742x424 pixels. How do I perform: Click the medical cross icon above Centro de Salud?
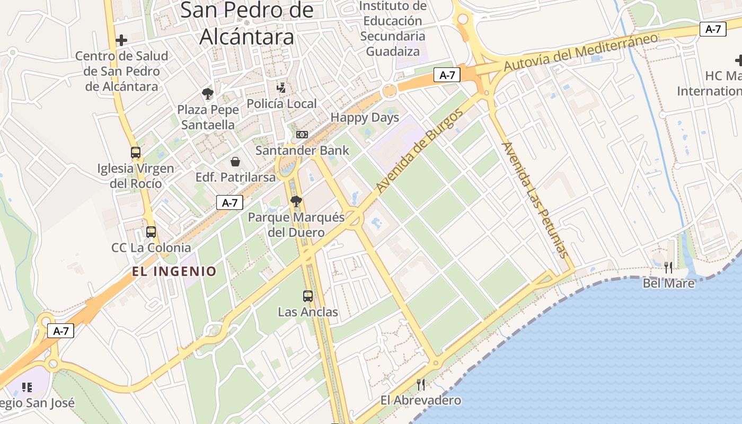pos(121,40)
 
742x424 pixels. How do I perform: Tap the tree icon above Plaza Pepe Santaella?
pos(208,94)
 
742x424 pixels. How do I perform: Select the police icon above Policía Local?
pos(281,87)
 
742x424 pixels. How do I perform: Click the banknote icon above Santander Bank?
pos(302,135)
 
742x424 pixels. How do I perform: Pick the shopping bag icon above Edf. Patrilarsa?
pos(235,161)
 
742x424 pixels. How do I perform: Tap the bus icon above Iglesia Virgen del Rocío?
pos(136,153)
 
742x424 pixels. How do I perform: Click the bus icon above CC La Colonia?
pos(151,232)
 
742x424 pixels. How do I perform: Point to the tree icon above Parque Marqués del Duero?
pos(296,201)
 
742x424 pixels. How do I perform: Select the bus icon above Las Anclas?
pos(308,296)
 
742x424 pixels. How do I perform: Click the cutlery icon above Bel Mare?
pos(668,267)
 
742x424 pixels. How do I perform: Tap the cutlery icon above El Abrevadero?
pos(421,384)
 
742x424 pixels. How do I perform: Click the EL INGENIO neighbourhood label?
pos(174,272)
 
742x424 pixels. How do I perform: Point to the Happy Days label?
pos(365,117)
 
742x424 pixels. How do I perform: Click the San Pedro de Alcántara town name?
pos(247,23)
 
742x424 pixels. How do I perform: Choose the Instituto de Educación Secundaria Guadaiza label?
pos(393,29)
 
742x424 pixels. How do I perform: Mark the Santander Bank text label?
pos(302,151)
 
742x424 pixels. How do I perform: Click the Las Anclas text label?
pos(308,312)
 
